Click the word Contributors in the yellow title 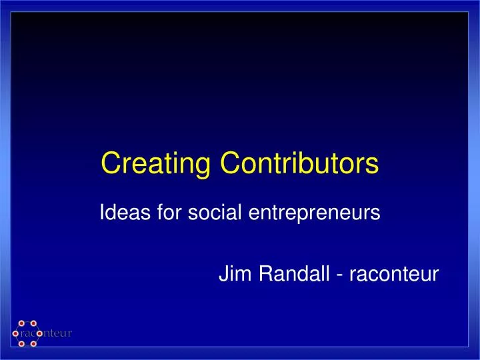[x=299, y=163]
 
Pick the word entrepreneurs [x=314, y=215]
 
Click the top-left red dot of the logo [x=21, y=323]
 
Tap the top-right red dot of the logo [x=33, y=323]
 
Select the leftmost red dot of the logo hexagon [x=15, y=333]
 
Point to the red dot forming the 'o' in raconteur [x=39, y=333]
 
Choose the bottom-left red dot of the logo [x=21, y=344]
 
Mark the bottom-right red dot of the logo [x=33, y=344]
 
